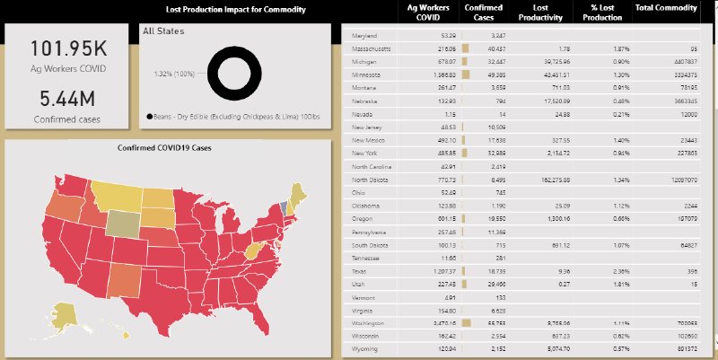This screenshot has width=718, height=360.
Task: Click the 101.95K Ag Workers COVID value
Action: tap(67, 48)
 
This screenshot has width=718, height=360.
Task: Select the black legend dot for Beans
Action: tap(148, 116)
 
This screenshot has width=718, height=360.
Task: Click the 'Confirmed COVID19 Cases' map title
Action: tap(171, 148)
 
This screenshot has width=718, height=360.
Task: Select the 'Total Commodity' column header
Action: tap(666, 8)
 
